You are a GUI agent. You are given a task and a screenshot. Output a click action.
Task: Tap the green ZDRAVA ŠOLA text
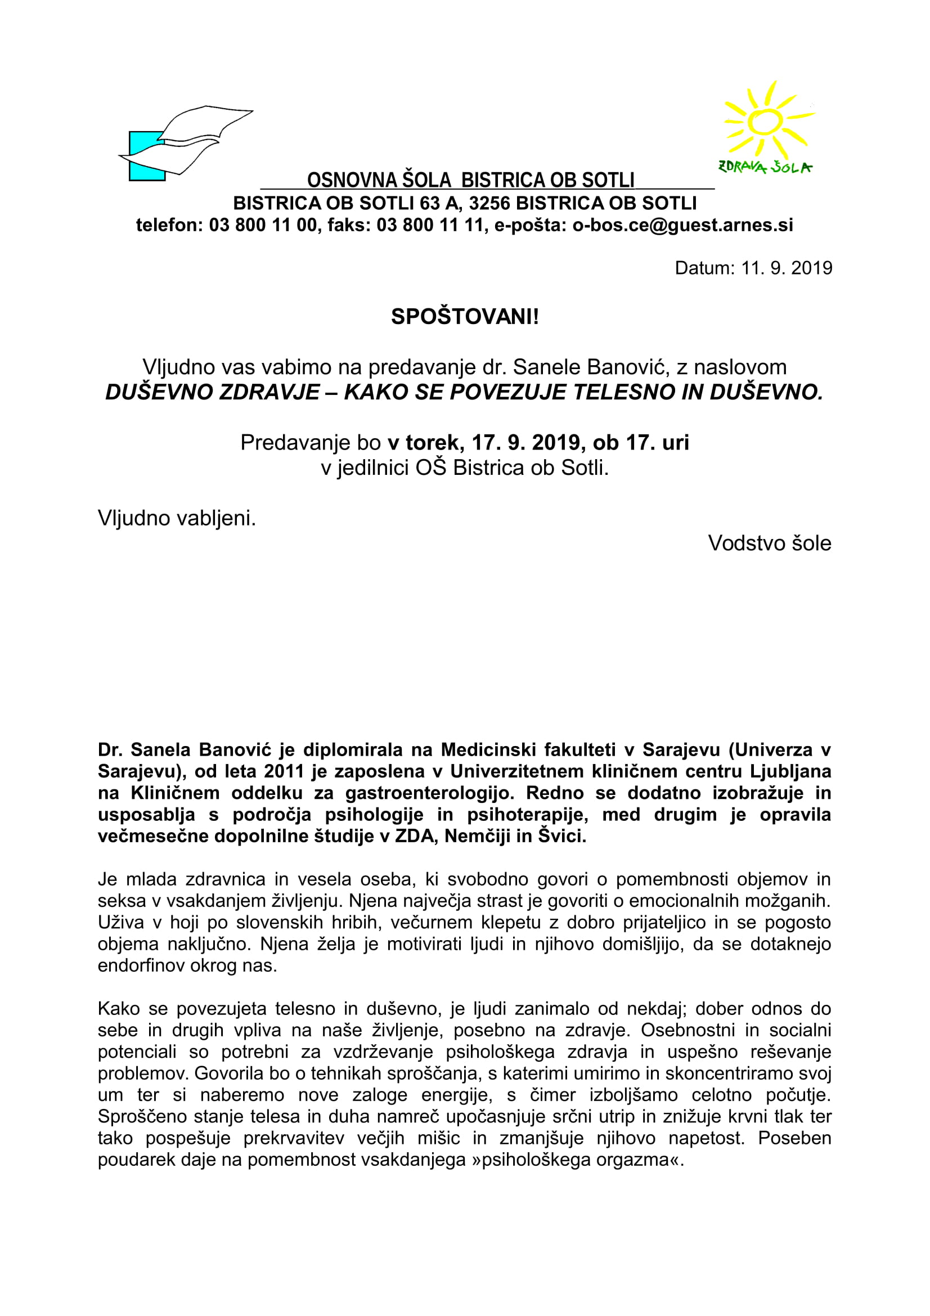[765, 167]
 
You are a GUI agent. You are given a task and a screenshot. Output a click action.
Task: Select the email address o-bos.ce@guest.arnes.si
[682, 225]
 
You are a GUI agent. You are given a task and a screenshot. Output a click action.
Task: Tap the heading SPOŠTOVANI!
[465, 316]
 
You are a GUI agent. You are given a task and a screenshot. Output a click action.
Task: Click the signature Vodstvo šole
[769, 544]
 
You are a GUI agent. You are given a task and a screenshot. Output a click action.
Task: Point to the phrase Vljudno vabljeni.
[177, 518]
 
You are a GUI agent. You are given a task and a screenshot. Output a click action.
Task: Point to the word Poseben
[794, 1138]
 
